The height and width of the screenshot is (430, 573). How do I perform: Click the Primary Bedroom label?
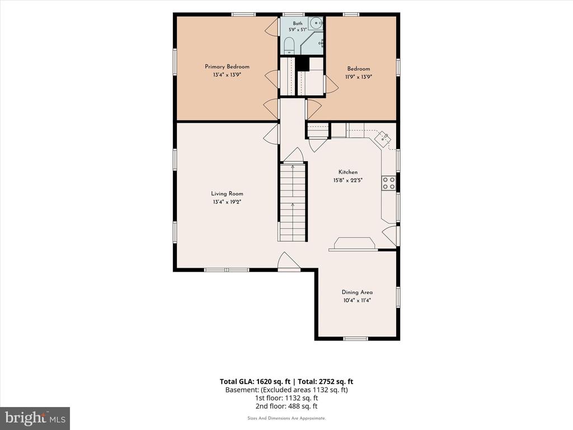227,67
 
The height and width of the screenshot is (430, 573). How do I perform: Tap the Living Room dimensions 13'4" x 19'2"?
227,202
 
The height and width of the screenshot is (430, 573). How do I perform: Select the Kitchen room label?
348,172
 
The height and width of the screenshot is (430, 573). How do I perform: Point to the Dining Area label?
357,292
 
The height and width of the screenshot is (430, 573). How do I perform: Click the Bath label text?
298,24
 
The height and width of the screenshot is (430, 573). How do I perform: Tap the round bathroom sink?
314,24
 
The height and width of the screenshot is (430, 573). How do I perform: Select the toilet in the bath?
289,45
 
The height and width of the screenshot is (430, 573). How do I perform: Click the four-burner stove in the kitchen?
388,183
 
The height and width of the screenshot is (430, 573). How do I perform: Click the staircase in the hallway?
292,202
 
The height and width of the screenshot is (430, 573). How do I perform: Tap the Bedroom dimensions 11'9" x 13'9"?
359,77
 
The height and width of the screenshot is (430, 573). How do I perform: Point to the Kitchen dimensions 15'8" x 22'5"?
348,180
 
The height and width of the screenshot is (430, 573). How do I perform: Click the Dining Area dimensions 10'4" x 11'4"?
357,301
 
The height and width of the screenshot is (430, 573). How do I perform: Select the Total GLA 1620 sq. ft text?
255,382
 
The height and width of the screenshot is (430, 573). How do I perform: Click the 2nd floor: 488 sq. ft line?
286,406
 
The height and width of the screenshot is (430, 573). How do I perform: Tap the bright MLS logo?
35,418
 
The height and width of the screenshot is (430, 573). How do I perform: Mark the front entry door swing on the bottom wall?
289,261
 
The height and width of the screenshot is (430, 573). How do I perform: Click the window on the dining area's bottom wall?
355,339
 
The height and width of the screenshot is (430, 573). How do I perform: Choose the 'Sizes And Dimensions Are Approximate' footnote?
286,418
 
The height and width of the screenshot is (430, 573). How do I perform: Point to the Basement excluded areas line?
286,390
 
